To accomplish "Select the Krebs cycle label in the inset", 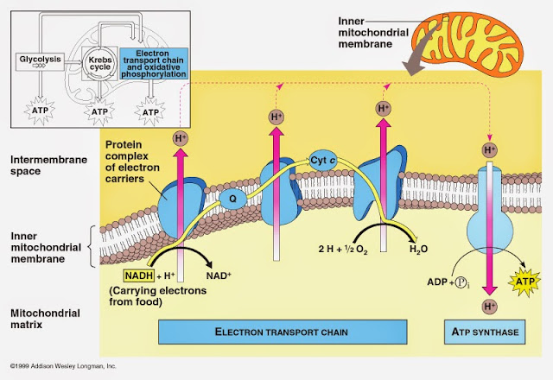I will pyautogui.click(x=100, y=60).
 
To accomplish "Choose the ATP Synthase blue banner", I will pyautogui.click(x=487, y=330).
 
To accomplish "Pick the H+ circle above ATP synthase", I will pyautogui.click(x=490, y=150).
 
